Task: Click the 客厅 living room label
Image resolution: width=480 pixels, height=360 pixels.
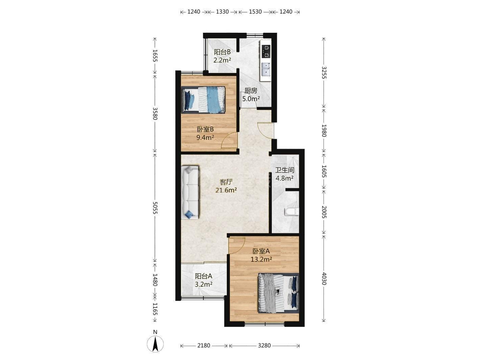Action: pyautogui.click(x=226, y=182)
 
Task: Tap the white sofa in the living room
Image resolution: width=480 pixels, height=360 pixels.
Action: pyautogui.click(x=190, y=192)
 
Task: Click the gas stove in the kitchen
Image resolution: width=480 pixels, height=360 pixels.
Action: pyautogui.click(x=266, y=52)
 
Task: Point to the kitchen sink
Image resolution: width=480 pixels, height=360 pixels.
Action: pyautogui.click(x=266, y=69)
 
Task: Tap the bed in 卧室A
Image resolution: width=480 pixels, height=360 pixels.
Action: pyautogui.click(x=279, y=293)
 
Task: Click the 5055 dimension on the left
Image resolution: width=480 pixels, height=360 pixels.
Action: pyautogui.click(x=155, y=208)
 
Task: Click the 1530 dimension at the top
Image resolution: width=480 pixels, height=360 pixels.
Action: pyautogui.click(x=255, y=11)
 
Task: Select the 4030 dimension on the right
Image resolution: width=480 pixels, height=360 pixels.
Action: pyautogui.click(x=324, y=279)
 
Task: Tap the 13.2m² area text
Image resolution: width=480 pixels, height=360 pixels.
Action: pyautogui.click(x=261, y=259)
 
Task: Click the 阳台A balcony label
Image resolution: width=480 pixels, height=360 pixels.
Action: pyautogui.click(x=203, y=276)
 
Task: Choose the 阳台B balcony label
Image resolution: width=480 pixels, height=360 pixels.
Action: pyautogui.click(x=222, y=52)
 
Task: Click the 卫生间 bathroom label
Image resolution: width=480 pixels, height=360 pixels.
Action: pyautogui.click(x=285, y=170)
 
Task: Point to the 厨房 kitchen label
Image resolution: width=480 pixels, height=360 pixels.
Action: pyautogui.click(x=251, y=91)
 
